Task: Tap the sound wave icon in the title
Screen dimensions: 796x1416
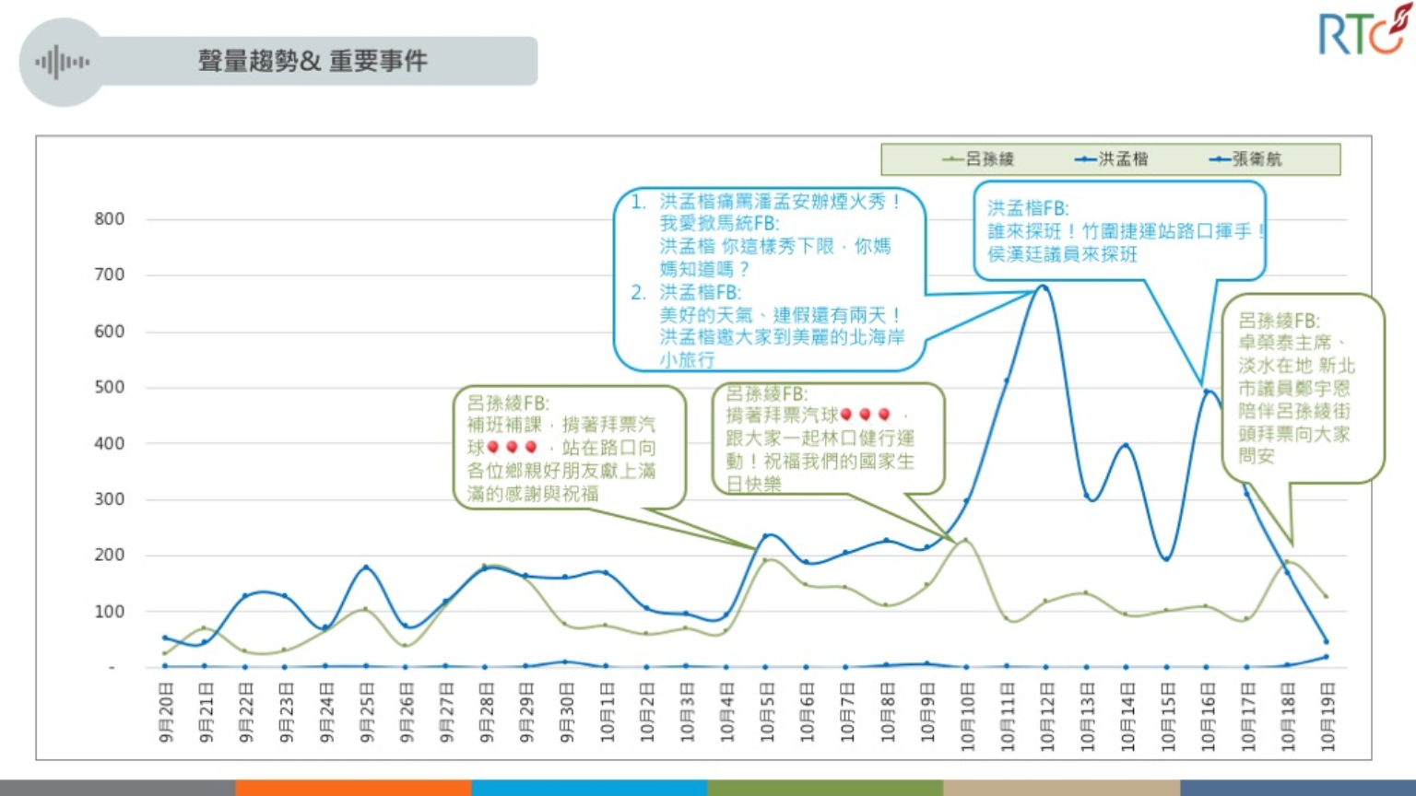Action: click(62, 63)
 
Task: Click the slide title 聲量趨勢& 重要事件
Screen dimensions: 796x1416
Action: click(313, 62)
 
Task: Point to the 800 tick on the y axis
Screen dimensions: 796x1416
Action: click(109, 219)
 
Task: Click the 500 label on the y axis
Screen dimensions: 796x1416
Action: click(109, 387)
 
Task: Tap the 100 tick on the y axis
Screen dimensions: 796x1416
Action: click(109, 611)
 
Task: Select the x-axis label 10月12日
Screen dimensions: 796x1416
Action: click(1046, 717)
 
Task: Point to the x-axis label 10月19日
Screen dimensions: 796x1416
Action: click(1327, 717)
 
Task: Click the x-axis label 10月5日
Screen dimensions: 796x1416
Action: click(767, 714)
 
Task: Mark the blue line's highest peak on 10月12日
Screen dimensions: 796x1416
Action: click(1044, 287)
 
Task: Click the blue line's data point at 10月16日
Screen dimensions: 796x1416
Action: click(1207, 392)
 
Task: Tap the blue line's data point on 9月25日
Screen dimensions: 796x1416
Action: click(366, 568)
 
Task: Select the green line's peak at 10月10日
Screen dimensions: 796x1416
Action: click(965, 540)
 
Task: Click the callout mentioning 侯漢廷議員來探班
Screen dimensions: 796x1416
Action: click(1119, 231)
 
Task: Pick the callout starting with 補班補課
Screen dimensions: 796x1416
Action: click(569, 448)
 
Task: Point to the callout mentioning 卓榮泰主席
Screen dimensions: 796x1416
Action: click(1301, 388)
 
